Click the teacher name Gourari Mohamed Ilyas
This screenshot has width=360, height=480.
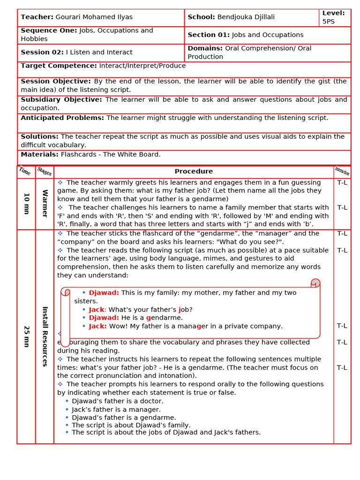coord(94,17)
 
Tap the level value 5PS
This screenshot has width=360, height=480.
coord(328,22)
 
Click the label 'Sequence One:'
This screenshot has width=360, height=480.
coord(49,30)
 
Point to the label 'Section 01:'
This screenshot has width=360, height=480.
coord(209,35)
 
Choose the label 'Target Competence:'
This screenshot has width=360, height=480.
coord(59,66)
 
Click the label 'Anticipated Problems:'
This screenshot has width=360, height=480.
coord(62,118)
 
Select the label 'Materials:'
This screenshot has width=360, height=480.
coord(40,154)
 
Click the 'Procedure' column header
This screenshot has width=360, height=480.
coord(194,172)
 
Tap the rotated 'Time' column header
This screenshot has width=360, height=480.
coord(26,172)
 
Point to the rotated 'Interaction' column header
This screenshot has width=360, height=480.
coord(342,172)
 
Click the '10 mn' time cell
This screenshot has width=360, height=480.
coord(26,204)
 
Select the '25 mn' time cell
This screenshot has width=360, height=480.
coord(26,337)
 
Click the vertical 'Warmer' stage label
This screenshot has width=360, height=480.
coord(45,203)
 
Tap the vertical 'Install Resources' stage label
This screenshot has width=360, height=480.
coord(45,336)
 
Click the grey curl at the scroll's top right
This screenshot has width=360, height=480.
coord(315,283)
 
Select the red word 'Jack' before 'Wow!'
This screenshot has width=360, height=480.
coord(97,326)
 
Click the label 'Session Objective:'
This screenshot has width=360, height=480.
coord(56,81)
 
